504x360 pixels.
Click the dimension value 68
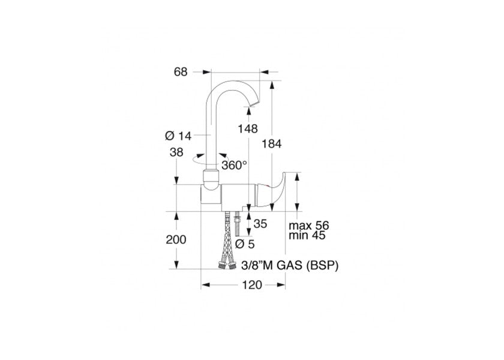(181, 72)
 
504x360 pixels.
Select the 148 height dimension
(247, 129)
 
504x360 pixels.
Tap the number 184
(271, 143)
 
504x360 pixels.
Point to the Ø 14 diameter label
(178, 136)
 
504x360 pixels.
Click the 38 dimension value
(176, 152)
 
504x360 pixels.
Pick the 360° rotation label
(234, 165)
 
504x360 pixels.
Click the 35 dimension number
(260, 224)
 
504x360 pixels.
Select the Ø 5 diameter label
(245, 244)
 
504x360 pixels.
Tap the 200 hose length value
(176, 239)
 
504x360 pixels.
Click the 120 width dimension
(252, 285)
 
